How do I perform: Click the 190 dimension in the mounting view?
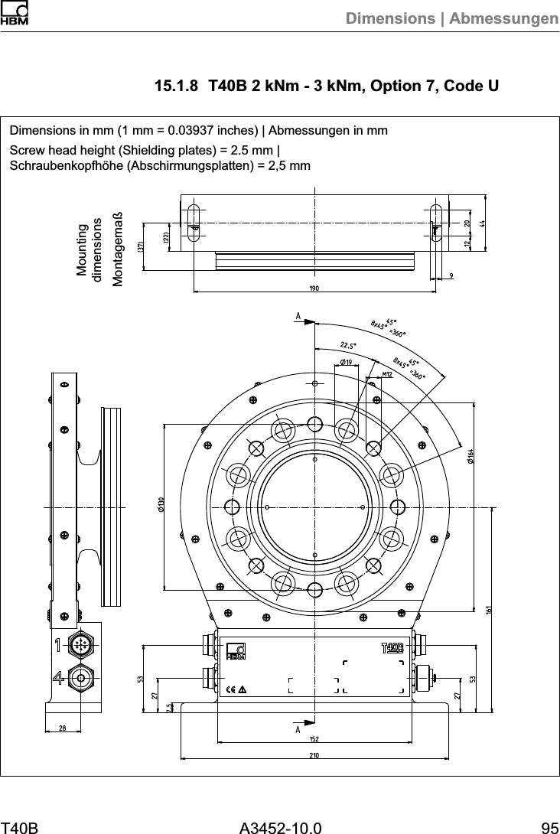[x=314, y=288]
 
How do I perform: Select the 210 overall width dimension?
[x=314, y=755]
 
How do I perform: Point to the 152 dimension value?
[x=314, y=738]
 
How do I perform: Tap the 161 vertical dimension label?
[x=487, y=610]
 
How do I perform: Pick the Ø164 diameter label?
[x=469, y=454]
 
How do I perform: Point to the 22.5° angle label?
[x=349, y=344]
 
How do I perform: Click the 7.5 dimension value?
[x=169, y=708]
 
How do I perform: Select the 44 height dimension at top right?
[x=483, y=223]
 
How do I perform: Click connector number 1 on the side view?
[x=58, y=646]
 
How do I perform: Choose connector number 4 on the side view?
[x=58, y=677]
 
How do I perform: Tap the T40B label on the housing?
[x=392, y=649]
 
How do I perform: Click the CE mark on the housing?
[x=230, y=688]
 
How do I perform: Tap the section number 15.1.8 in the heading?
[x=177, y=85]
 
